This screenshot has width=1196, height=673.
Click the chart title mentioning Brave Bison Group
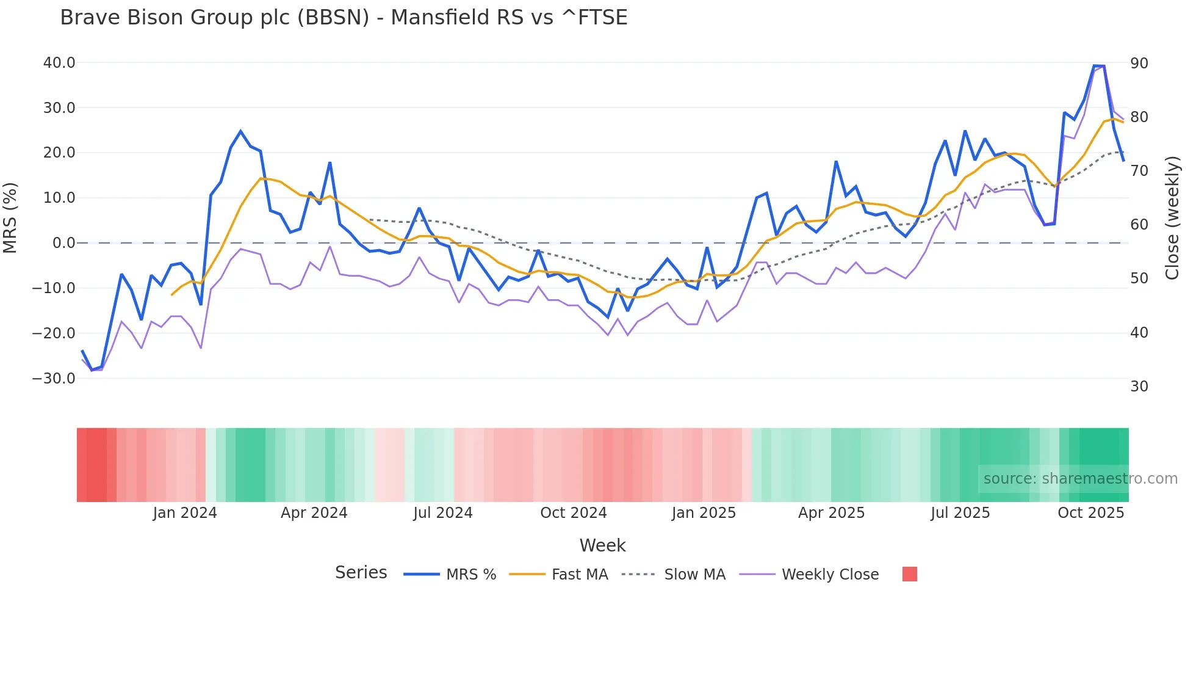344,17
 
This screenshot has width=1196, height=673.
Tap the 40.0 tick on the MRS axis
59,63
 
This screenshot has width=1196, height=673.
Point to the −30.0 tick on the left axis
54,378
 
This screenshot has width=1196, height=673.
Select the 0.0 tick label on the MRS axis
64,243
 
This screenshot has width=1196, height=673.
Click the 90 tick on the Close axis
1139,63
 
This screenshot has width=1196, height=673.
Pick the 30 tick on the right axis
1139,386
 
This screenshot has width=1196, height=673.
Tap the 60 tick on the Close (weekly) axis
1139,224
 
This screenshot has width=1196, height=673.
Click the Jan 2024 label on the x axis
185,512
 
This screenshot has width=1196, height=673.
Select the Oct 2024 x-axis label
574,512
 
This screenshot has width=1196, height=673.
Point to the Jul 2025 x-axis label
960,512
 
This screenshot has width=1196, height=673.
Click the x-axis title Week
602,545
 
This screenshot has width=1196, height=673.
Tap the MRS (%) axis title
10,217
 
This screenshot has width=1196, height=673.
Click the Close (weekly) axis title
1172,217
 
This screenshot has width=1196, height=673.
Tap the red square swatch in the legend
910,574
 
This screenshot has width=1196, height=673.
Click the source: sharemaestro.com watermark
1080,478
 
